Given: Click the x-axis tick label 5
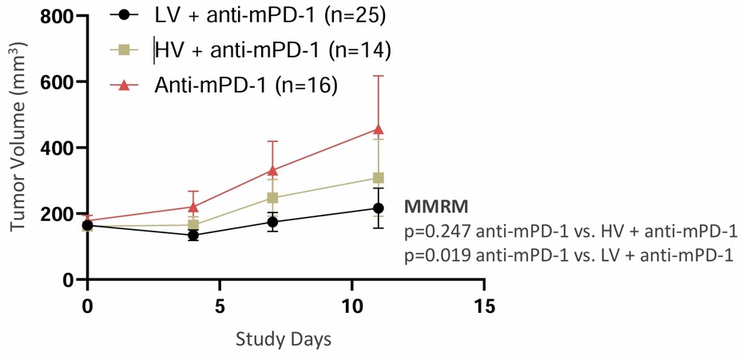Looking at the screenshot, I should (220, 307).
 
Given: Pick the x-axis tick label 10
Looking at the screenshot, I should (352, 307).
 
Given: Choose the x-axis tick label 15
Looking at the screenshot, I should (484, 307).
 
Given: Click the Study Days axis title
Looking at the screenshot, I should (284, 338).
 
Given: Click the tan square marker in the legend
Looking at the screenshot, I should (123, 50).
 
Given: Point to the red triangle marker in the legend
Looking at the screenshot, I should (123, 85).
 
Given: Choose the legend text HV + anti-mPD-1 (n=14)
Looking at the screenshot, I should (272, 50).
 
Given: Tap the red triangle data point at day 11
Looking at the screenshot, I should (379, 129).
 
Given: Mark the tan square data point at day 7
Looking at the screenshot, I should (272, 198).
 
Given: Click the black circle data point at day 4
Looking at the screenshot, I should (193, 235).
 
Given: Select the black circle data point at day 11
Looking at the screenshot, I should (379, 208).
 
